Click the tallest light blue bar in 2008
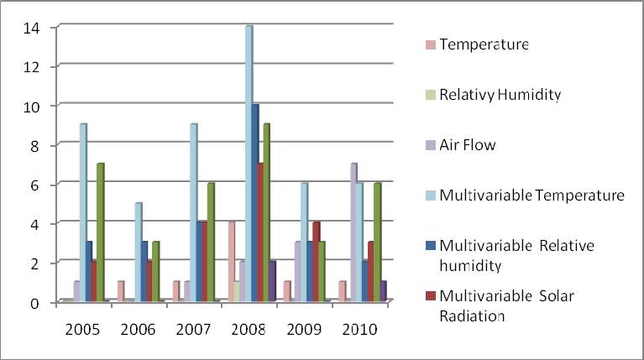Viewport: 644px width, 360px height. (249, 164)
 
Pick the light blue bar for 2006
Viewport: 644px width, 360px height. (139, 252)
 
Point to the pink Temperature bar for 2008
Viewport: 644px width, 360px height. (231, 261)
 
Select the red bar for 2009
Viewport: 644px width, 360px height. (316, 261)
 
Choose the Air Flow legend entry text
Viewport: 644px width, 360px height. (467, 144)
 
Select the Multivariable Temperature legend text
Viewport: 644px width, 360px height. (531, 196)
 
